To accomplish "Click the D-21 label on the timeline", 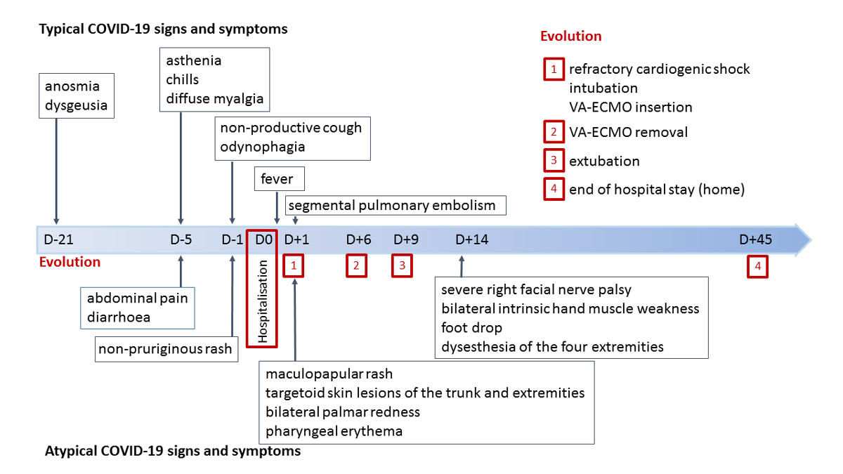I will point(58,239).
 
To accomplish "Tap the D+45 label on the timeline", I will point(755,239).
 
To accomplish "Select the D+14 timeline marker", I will point(471,239).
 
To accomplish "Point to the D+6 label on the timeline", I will point(358,239).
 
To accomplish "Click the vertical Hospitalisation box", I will point(263,301).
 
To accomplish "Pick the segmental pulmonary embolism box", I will point(392,206).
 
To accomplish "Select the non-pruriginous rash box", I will point(165,349).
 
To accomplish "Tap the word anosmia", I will point(72,86).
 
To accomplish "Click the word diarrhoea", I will point(119,317).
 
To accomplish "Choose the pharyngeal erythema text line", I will point(334,430).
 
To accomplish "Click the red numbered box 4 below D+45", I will point(757,266).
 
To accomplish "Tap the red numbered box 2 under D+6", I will point(356,266).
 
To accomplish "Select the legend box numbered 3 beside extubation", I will point(554,161).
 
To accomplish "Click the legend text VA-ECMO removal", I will point(628,132).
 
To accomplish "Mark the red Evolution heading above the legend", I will point(570,37).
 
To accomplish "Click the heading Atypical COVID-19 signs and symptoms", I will point(173,451).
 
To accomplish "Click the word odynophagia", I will point(262,147).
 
